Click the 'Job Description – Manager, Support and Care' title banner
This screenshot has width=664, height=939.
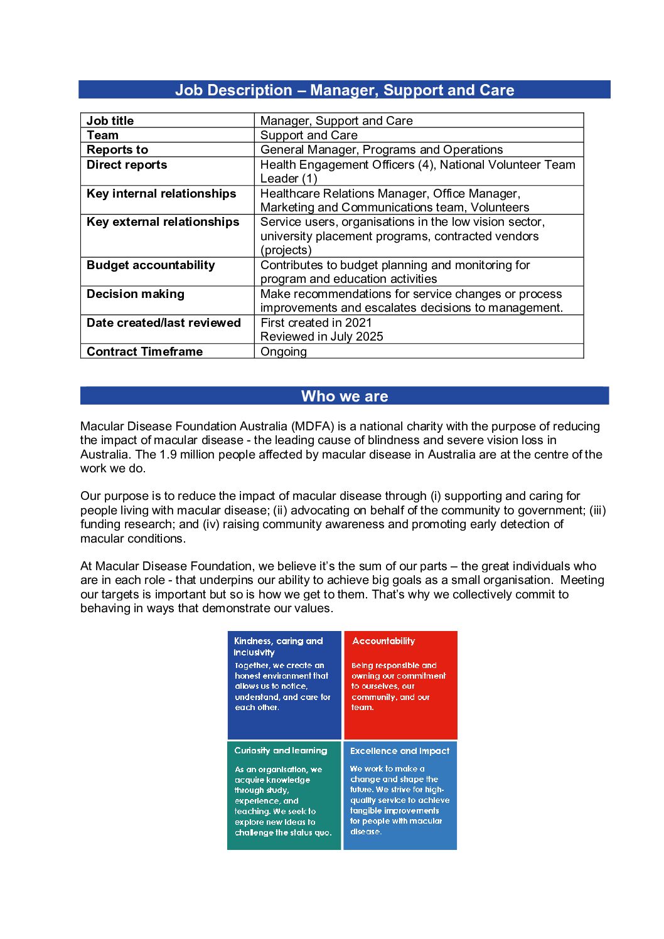pyautogui.click(x=344, y=90)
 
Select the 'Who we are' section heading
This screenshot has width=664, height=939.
pyautogui.click(x=344, y=396)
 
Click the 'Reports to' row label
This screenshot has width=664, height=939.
pyautogui.click(x=117, y=149)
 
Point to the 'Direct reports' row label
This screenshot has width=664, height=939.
pyautogui.click(x=127, y=164)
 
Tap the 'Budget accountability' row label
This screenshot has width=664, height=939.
pyautogui.click(x=151, y=265)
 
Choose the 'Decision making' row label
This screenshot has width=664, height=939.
pyautogui.click(x=136, y=294)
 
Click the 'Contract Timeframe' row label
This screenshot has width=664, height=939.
pyautogui.click(x=144, y=351)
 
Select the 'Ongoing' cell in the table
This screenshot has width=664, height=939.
pyautogui.click(x=284, y=351)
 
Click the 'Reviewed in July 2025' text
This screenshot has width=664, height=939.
pyautogui.click(x=321, y=336)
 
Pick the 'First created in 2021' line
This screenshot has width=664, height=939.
pyautogui.click(x=316, y=322)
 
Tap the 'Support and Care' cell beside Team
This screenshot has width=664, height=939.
pyautogui.click(x=309, y=135)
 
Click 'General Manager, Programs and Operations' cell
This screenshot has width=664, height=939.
pyautogui.click(x=382, y=149)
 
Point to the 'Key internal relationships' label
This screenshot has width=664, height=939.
pyautogui.click(x=161, y=193)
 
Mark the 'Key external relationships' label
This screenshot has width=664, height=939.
pyautogui.click(x=163, y=221)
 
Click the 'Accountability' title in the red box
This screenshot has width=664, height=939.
pyautogui.click(x=383, y=640)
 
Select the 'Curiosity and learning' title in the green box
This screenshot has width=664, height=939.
pyautogui.click(x=281, y=750)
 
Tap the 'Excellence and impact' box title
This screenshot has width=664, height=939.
pyautogui.click(x=400, y=750)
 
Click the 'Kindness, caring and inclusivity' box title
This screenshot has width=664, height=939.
pyautogui.click(x=277, y=646)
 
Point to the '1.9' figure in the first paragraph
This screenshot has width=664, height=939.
pyautogui.click(x=168, y=454)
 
